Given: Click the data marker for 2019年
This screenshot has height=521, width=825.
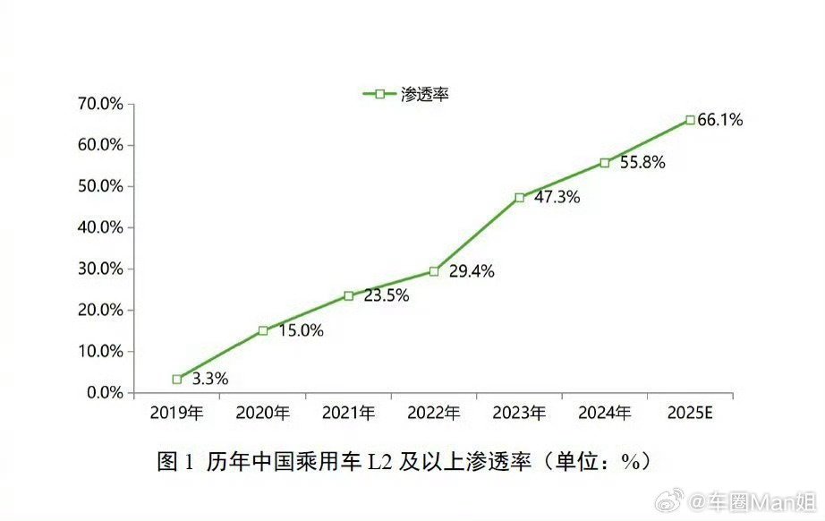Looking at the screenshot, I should pyautogui.click(x=177, y=380).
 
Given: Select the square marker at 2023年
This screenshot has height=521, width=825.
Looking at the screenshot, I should pyautogui.click(x=520, y=197).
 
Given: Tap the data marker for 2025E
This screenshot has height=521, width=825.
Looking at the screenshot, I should pyautogui.click(x=690, y=120).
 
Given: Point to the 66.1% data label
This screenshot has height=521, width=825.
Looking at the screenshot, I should pyautogui.click(x=720, y=120).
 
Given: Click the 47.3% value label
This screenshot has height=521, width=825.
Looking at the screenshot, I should pyautogui.click(x=557, y=198).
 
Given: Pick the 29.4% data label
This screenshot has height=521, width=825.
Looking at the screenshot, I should pyautogui.click(x=472, y=272).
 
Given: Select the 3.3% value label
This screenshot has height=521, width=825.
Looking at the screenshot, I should pyautogui.click(x=210, y=379).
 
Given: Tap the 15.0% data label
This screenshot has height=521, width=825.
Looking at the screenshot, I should pyautogui.click(x=301, y=331).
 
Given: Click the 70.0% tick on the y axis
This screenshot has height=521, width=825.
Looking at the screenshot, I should pyautogui.click(x=99, y=104).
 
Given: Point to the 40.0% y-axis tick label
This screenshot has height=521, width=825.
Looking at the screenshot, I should pyautogui.click(x=99, y=227).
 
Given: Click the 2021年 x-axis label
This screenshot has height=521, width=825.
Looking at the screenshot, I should pyautogui.click(x=348, y=413).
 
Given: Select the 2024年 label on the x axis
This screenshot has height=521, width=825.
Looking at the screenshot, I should pyautogui.click(x=605, y=413).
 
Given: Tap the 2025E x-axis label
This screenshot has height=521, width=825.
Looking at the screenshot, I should pyautogui.click(x=691, y=413).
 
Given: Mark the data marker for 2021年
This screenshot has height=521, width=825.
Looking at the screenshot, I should pyautogui.click(x=348, y=296).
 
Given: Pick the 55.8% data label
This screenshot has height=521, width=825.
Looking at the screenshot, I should pyautogui.click(x=642, y=164).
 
